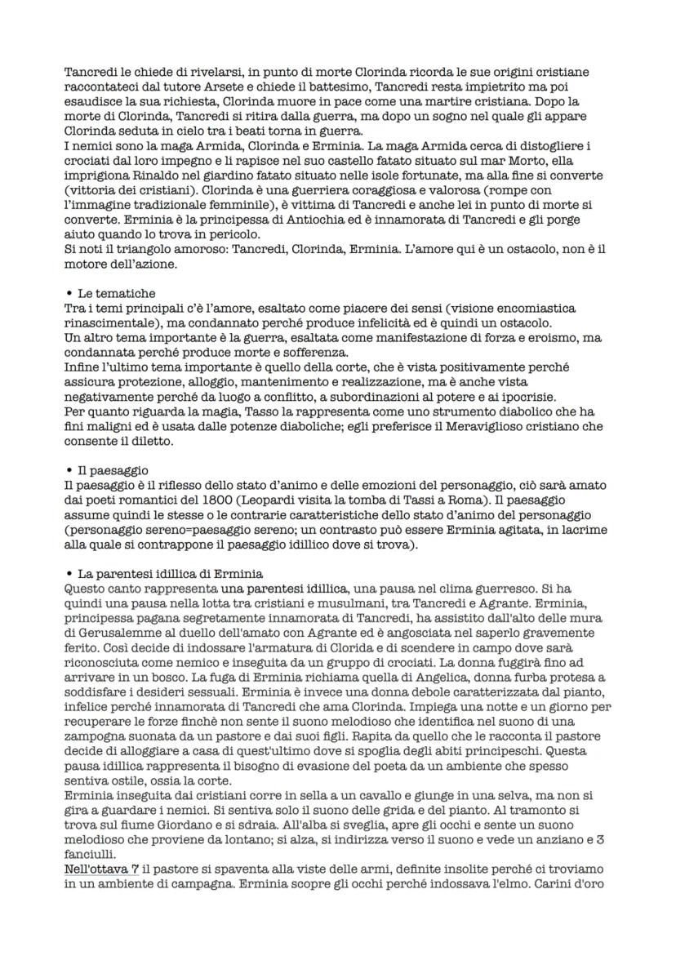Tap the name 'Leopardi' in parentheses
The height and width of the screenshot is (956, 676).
(x=307, y=500)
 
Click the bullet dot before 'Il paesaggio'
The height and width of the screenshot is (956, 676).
(x=69, y=470)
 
